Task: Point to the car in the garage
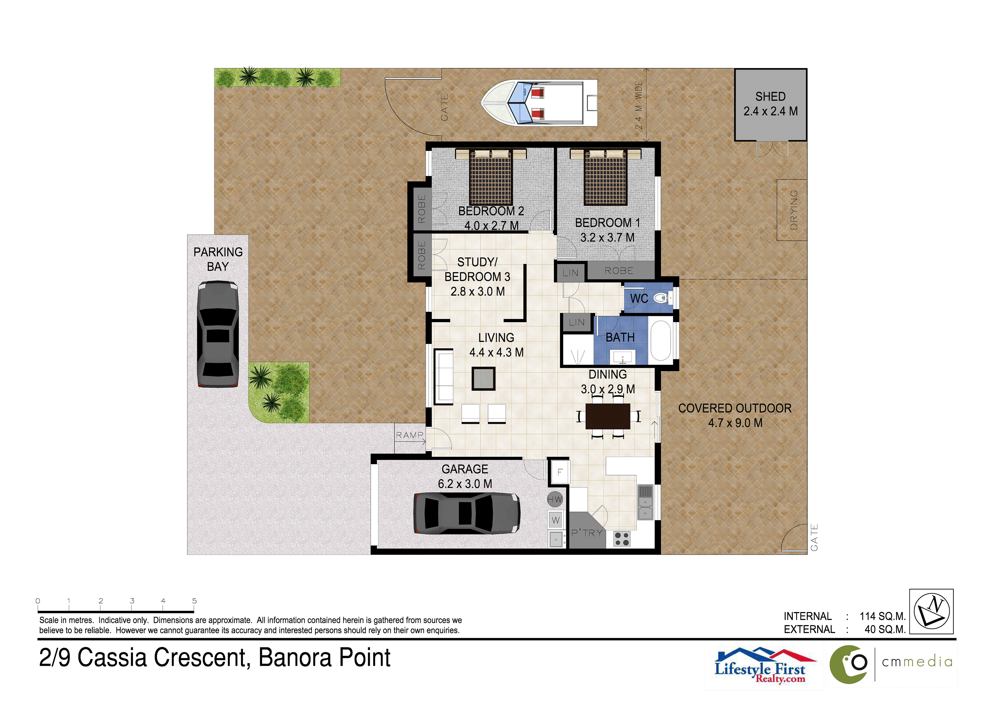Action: [x=467, y=514]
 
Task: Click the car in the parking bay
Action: [x=218, y=334]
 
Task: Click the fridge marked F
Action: [x=560, y=472]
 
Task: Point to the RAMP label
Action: [x=409, y=435]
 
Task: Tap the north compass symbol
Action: [x=931, y=611]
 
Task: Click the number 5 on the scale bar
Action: [x=194, y=601]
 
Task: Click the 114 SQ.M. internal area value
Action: [x=882, y=616]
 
